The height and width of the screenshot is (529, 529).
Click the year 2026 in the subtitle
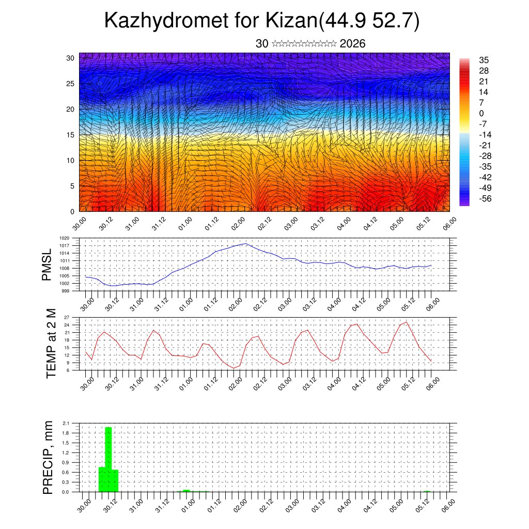click(x=353, y=44)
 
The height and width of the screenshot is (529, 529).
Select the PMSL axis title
click(x=47, y=264)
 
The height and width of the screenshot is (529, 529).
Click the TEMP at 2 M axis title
click(x=51, y=344)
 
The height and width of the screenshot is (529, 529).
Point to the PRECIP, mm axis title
click(x=48, y=457)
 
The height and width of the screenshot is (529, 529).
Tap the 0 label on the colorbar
click(x=481, y=113)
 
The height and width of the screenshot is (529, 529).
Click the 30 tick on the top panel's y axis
click(x=70, y=58)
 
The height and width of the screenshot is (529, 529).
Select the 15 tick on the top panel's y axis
click(x=70, y=135)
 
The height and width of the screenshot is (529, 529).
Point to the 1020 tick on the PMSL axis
click(x=64, y=239)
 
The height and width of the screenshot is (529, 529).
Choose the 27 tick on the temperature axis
click(x=67, y=317)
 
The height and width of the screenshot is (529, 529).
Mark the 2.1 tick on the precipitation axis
click(x=66, y=423)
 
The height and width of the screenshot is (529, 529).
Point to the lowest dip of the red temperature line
click(x=234, y=368)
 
